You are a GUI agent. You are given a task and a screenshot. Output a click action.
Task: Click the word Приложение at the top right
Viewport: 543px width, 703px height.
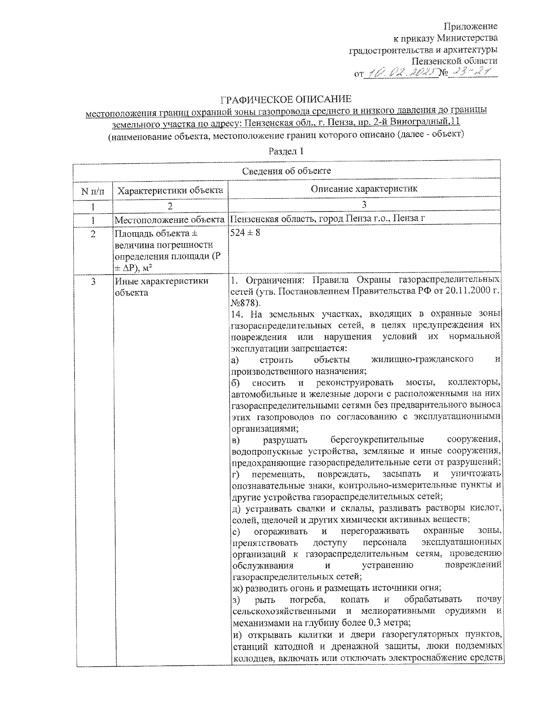coord(470,26)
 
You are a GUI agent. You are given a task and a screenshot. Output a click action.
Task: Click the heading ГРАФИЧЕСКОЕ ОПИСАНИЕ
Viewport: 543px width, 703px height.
coord(286,99)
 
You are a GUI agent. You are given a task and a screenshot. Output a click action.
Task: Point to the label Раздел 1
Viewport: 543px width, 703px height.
coord(286,151)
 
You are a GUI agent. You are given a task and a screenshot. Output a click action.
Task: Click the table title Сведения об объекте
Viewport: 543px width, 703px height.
coord(286,171)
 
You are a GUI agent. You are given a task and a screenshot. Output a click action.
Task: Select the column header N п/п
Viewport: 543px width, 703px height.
coord(93,191)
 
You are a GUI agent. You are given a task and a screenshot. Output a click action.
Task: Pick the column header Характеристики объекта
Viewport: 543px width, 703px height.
coord(170,191)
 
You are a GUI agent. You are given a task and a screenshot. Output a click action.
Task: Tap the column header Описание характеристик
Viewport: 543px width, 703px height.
coord(364,189)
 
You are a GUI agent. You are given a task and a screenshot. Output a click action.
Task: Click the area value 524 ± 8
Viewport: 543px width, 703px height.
coord(245,233)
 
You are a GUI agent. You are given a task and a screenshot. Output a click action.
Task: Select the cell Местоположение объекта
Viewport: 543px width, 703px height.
coord(170,220)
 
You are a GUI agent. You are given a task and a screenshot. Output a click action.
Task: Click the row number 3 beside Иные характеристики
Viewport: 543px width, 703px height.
coord(93,282)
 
